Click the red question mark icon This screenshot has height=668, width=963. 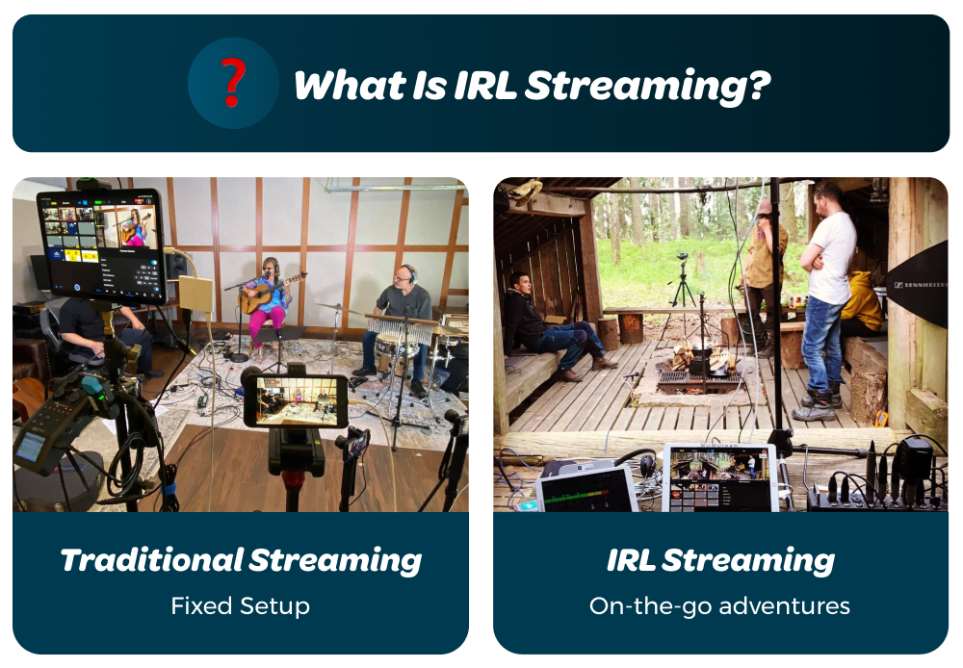232,84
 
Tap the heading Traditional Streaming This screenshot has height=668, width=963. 241,559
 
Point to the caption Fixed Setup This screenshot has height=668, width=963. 241,605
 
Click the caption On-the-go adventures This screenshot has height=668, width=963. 720,605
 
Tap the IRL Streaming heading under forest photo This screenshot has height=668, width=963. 720,559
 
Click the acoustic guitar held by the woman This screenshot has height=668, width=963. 269,294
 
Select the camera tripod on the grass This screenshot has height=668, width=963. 683,289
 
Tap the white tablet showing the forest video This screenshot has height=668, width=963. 719,477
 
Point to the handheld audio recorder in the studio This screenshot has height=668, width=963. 41,433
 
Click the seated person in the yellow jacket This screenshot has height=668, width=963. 862,298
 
